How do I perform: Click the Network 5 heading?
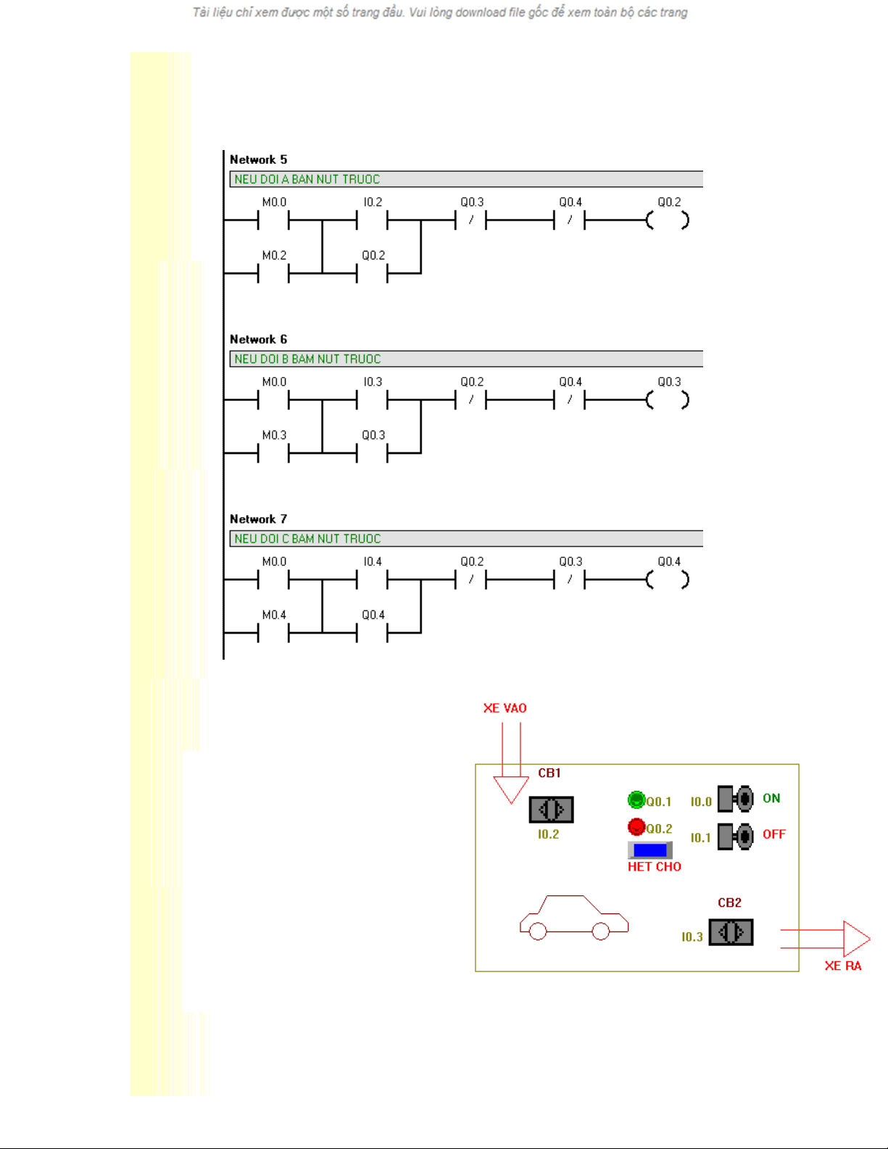click(x=258, y=159)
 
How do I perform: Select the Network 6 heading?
click(x=258, y=339)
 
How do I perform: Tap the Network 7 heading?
click(x=258, y=519)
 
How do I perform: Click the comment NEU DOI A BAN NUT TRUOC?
click(x=307, y=179)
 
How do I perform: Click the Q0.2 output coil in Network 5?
click(x=668, y=220)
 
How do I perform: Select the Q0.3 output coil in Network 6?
click(x=668, y=399)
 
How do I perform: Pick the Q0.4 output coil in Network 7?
click(x=668, y=579)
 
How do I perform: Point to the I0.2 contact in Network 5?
click(x=372, y=219)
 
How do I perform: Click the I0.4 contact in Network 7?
click(x=372, y=578)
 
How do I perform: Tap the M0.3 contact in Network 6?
click(x=273, y=453)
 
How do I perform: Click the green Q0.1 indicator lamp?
click(x=636, y=800)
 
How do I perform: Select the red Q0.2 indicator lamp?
click(x=636, y=826)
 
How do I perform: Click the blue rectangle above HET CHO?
click(x=650, y=850)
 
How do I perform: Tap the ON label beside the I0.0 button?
click(x=771, y=798)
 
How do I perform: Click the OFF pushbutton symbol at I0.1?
click(x=735, y=837)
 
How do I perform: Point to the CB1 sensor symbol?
click(x=551, y=809)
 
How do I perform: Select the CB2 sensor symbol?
click(x=731, y=932)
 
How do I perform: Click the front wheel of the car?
click(x=601, y=932)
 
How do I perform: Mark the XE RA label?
click(x=843, y=966)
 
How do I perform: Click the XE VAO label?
click(x=505, y=708)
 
